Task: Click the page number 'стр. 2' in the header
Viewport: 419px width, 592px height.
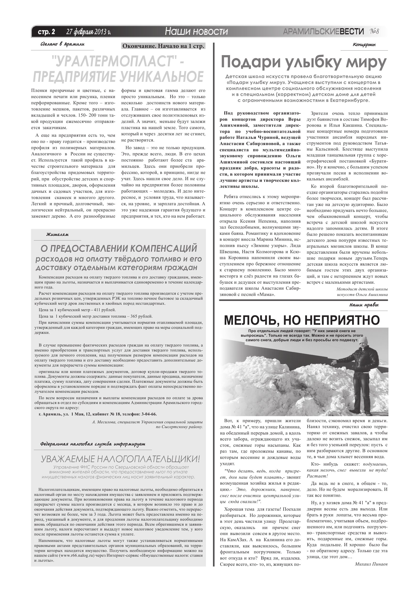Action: tap(47, 32)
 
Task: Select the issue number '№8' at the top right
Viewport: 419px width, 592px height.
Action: tap(374, 31)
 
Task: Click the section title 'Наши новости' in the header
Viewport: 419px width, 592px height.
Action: tap(196, 31)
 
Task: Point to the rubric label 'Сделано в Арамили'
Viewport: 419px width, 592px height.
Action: tap(63, 44)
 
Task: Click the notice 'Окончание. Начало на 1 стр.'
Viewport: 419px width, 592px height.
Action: tap(163, 46)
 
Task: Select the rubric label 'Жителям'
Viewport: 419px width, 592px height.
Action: tap(57, 235)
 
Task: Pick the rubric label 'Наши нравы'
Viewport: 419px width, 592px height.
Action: tap(364, 305)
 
